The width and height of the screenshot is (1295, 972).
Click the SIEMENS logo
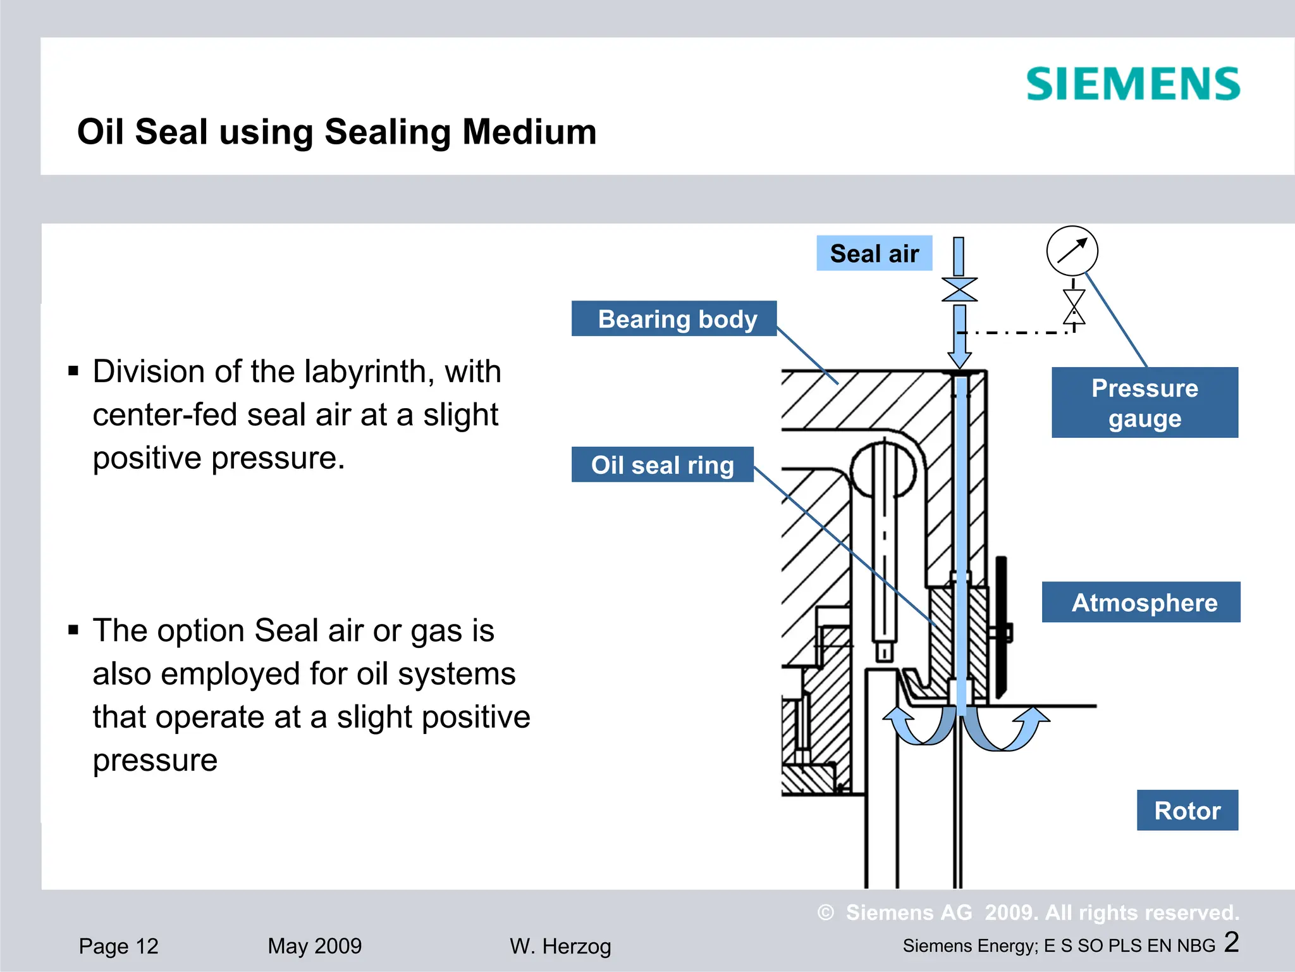[1132, 84]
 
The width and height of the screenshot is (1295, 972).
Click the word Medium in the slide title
[529, 132]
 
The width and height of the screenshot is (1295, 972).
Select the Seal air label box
[874, 254]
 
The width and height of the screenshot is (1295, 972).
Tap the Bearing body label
[674, 319]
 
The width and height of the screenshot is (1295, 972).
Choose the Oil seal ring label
[662, 465]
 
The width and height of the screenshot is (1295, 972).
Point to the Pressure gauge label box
[1145, 403]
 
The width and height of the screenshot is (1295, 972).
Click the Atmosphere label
[1141, 602]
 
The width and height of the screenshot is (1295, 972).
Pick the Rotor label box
[1187, 811]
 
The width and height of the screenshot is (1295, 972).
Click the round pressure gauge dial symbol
[1072, 251]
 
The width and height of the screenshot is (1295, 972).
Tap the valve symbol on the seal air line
[959, 290]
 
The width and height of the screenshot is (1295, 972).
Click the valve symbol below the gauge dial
[1074, 307]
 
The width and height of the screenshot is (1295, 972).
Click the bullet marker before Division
[73, 371]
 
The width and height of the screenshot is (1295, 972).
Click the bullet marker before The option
[73, 630]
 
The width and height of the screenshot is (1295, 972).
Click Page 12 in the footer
[118, 946]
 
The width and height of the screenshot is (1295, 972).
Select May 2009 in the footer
[314, 946]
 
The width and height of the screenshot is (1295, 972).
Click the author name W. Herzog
[560, 947]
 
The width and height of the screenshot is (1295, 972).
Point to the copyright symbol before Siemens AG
[826, 913]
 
